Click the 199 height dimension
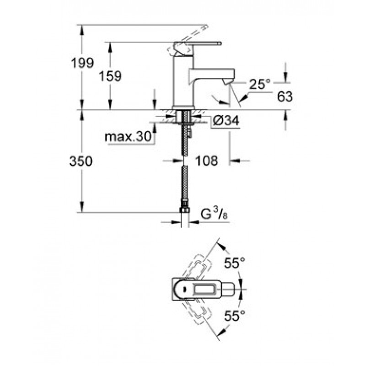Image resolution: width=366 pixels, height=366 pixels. click(x=82, y=63)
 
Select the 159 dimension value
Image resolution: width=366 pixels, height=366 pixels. click(x=110, y=76)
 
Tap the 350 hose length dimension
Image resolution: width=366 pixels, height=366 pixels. click(x=81, y=161)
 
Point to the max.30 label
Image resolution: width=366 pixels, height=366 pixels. click(x=128, y=136)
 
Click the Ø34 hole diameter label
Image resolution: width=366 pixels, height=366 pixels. click(x=226, y=121)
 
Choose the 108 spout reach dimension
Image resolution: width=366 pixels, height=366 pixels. click(x=207, y=161)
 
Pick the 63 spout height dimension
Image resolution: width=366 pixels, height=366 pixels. click(x=285, y=96)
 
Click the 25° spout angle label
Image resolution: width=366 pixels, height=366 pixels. click(x=259, y=84)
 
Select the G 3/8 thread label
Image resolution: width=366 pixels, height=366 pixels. click(x=214, y=214)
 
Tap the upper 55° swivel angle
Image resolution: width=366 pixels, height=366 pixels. click(x=234, y=264)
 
